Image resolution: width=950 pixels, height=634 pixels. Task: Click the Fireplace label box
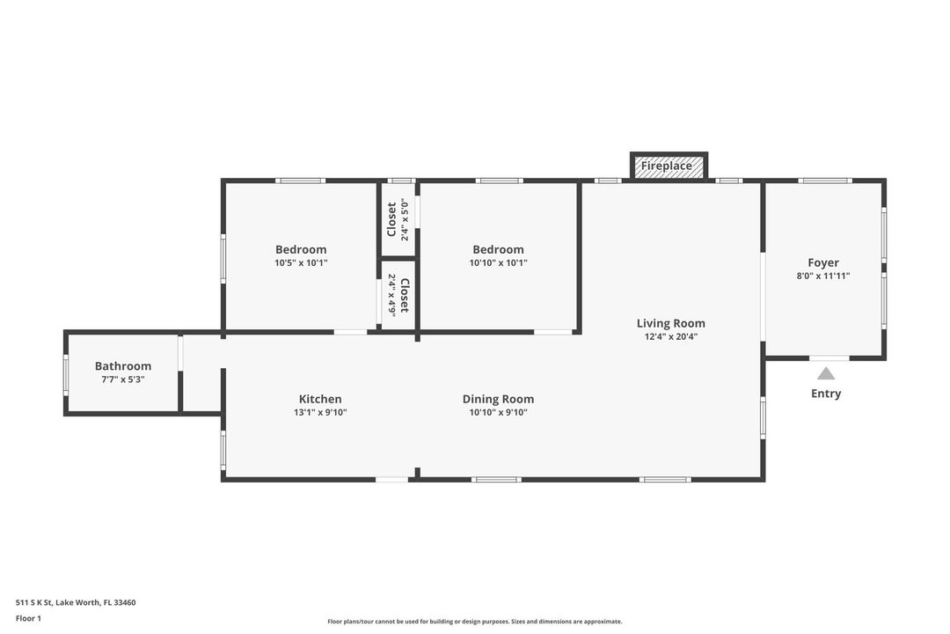pyautogui.click(x=669, y=166)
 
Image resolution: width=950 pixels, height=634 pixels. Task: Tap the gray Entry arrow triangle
pyautogui.click(x=825, y=373)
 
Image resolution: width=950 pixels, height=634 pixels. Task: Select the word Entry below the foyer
pyautogui.click(x=825, y=394)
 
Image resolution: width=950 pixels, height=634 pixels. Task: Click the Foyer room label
pyautogui.click(x=823, y=262)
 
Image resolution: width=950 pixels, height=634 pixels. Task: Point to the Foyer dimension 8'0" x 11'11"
pyautogui.click(x=823, y=276)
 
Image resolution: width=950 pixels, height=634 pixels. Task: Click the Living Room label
pyautogui.click(x=670, y=323)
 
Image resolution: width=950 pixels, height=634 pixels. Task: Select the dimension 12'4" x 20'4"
pyautogui.click(x=670, y=336)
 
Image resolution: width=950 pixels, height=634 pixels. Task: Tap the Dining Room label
pyautogui.click(x=498, y=399)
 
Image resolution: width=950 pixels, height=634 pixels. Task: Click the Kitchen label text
pyautogui.click(x=320, y=399)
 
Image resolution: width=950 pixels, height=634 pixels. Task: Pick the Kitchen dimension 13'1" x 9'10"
pyautogui.click(x=320, y=412)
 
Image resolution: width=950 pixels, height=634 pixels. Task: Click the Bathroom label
pyautogui.click(x=123, y=366)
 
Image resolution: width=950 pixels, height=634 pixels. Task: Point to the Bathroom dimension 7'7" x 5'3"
pyautogui.click(x=123, y=380)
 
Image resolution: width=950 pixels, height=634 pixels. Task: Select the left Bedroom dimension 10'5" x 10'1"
pyautogui.click(x=301, y=262)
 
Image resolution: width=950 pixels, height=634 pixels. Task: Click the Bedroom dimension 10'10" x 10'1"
pyautogui.click(x=498, y=262)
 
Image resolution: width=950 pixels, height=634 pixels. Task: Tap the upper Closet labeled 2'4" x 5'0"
pyautogui.click(x=398, y=219)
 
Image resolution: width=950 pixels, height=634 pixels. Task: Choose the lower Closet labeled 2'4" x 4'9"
pyautogui.click(x=398, y=295)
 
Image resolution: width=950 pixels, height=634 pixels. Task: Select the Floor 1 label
pyautogui.click(x=28, y=618)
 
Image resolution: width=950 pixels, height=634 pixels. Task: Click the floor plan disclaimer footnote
pyautogui.click(x=475, y=622)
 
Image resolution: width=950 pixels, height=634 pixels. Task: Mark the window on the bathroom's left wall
pyautogui.click(x=65, y=374)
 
